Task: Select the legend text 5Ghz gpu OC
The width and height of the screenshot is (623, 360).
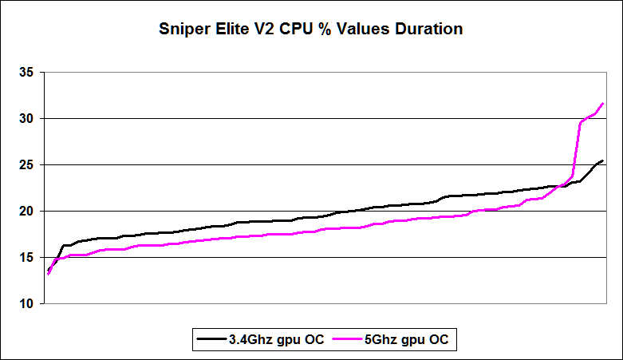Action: coord(406,338)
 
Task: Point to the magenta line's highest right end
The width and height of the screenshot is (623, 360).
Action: coord(602,104)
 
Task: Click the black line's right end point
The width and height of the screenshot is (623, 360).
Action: coord(602,160)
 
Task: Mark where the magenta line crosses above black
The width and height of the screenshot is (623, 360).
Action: coord(562,185)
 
